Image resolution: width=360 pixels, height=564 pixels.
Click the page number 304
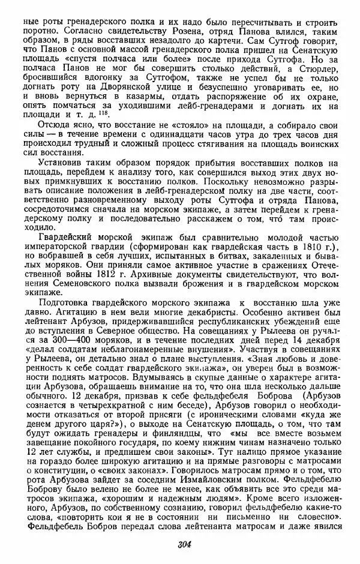(184, 544)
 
